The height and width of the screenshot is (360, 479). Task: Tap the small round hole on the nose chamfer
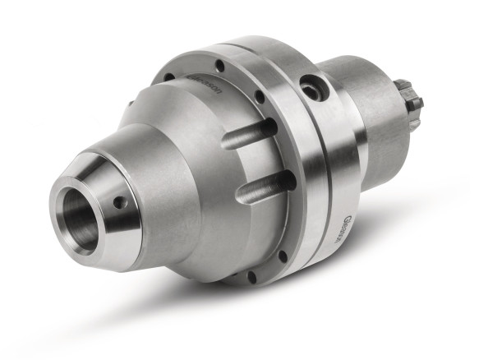click(120, 201)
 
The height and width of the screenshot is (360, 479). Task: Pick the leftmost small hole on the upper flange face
click(168, 78)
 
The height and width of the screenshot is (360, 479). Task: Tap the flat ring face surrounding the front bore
click(62, 226)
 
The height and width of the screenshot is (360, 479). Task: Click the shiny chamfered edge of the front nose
click(103, 247)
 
